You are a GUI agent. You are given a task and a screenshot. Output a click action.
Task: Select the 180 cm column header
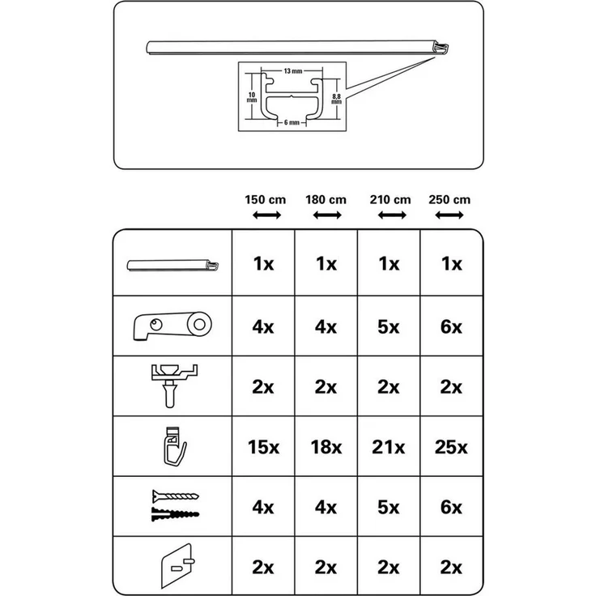(x=326, y=200)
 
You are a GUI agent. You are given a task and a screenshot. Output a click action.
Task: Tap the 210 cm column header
(x=390, y=200)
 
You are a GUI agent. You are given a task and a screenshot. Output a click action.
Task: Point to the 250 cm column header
(x=451, y=200)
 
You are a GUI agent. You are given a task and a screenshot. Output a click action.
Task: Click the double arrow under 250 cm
(x=451, y=215)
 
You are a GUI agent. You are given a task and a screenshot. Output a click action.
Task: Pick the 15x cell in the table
(x=263, y=446)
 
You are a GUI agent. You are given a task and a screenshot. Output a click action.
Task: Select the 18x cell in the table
(x=326, y=446)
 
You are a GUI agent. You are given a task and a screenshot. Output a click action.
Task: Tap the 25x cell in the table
(x=451, y=446)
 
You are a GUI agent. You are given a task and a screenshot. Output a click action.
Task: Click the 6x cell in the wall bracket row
(x=451, y=326)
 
